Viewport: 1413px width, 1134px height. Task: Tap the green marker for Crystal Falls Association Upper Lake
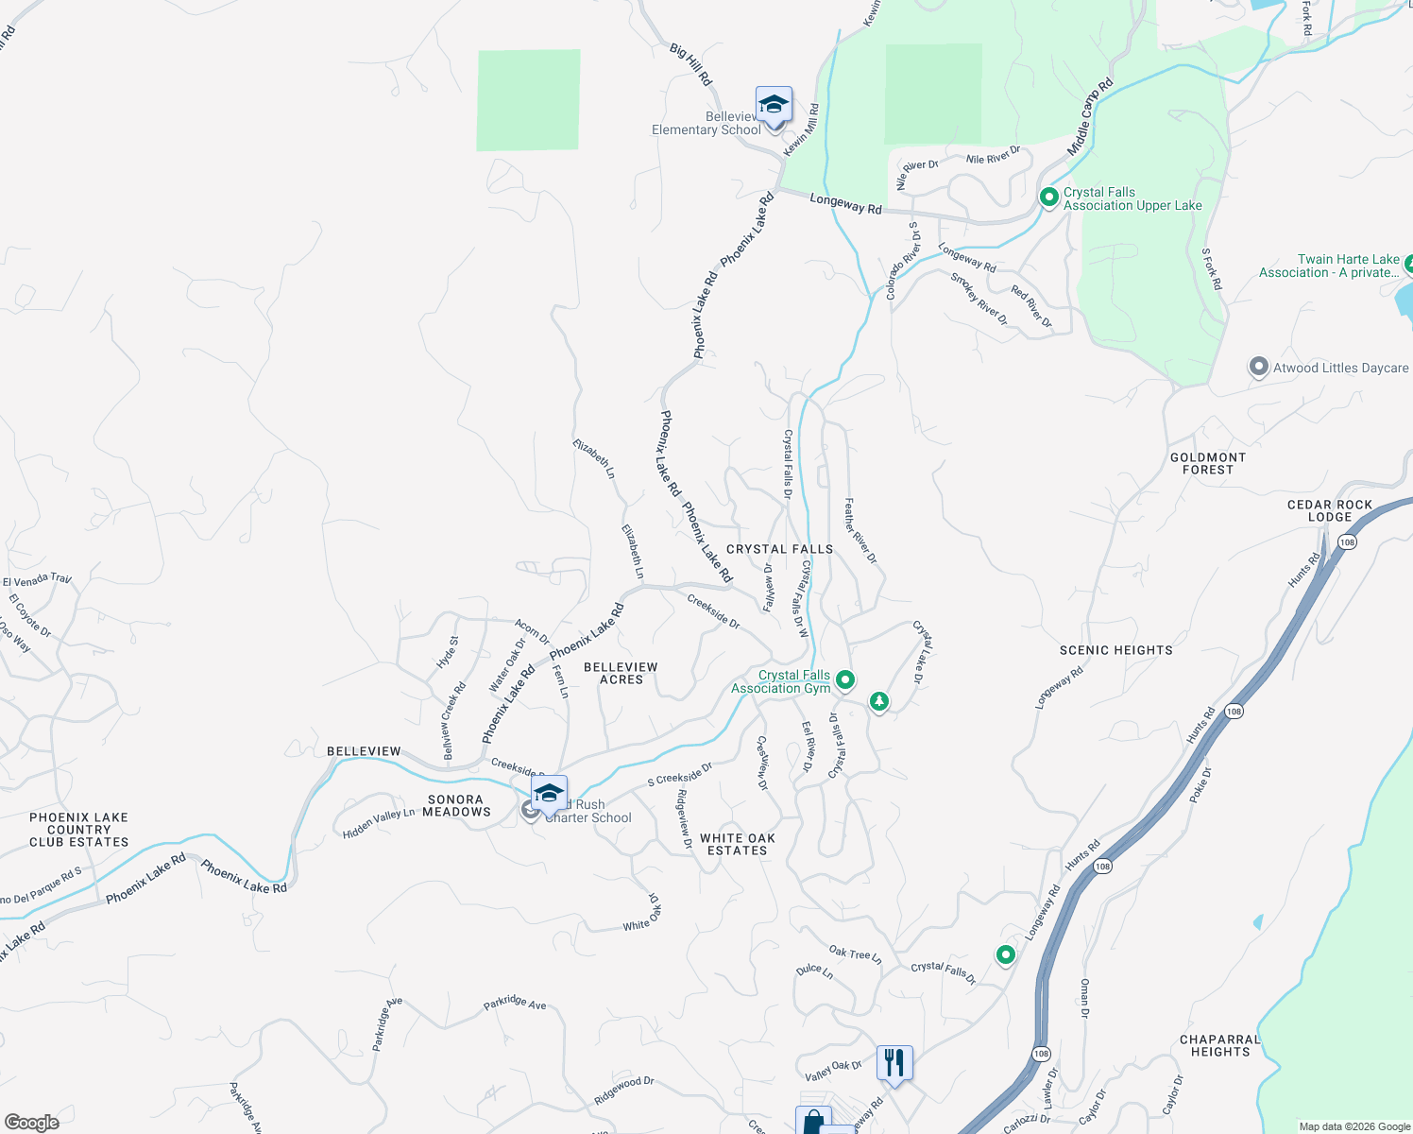[1048, 198]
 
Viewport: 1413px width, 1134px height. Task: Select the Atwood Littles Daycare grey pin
[1258, 368]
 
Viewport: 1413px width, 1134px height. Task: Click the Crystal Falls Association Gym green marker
[846, 679]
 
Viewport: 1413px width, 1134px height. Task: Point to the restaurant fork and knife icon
[894, 1062]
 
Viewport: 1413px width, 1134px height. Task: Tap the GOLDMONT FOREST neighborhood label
[1208, 463]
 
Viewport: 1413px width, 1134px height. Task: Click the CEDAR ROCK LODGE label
[1330, 510]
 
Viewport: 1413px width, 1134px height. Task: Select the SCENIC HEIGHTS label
[1116, 650]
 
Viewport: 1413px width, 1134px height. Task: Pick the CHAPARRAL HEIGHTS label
[1220, 1045]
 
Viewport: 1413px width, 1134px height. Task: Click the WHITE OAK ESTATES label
[738, 844]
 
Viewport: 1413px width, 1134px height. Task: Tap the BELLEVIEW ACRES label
[621, 673]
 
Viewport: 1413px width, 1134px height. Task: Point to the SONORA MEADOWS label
[456, 805]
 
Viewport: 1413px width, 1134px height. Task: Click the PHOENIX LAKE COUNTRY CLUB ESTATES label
[78, 830]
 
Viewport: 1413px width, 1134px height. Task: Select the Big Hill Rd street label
[690, 63]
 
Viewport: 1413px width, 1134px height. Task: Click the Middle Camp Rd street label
[1091, 117]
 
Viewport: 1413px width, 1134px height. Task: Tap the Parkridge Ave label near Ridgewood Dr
[515, 1002]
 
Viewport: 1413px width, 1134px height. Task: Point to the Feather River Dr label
[860, 531]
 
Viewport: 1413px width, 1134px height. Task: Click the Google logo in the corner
[31, 1123]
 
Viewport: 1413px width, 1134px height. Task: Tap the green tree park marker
[879, 701]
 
